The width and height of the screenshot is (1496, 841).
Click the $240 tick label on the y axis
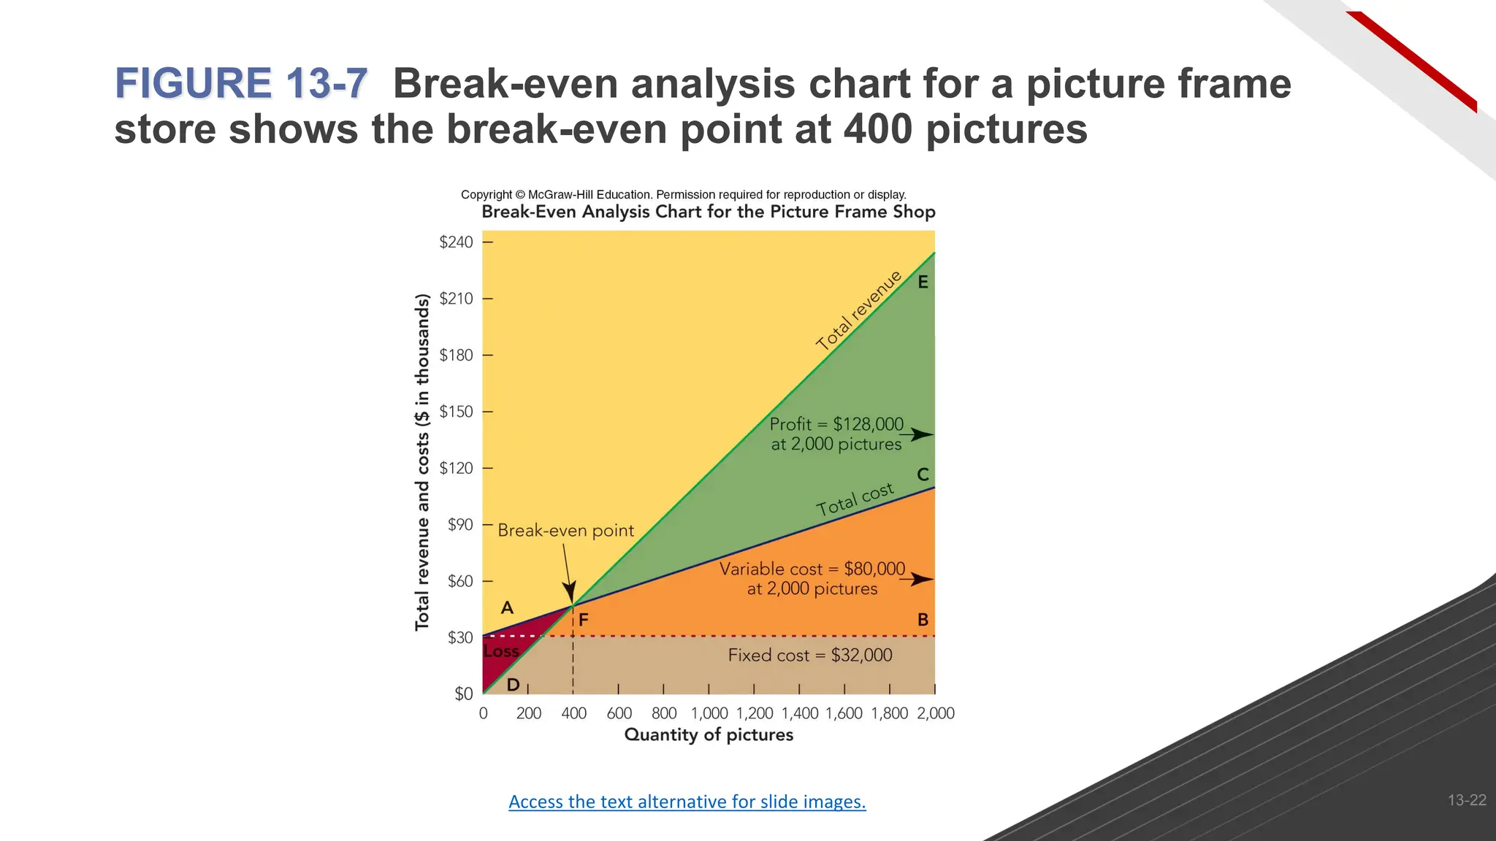coord(456,242)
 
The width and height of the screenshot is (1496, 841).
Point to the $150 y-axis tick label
coord(456,412)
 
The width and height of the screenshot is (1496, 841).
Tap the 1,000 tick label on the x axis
coord(709,713)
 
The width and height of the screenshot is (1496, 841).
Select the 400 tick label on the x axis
coord(574,713)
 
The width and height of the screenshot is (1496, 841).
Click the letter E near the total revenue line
coord(923,282)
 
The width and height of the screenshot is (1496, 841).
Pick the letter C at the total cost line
coord(923,475)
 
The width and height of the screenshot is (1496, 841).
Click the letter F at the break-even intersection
coord(584,620)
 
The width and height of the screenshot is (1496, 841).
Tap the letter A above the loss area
coord(507,607)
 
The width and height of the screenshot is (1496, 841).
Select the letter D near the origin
coord(513,685)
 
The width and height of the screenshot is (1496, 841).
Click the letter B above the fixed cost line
coord(923,620)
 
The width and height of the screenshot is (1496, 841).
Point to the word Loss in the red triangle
coord(501,651)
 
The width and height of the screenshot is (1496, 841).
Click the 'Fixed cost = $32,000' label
coord(809,655)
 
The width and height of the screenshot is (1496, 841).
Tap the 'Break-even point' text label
coord(565,531)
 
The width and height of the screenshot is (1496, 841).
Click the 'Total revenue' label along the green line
coord(859,310)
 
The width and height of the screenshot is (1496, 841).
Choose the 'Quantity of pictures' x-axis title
coord(709,734)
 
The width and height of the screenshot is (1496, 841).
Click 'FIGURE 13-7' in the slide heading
coord(241,83)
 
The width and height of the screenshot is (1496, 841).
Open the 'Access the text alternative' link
coord(687,802)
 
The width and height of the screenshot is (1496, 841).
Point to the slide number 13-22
coord(1466,800)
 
